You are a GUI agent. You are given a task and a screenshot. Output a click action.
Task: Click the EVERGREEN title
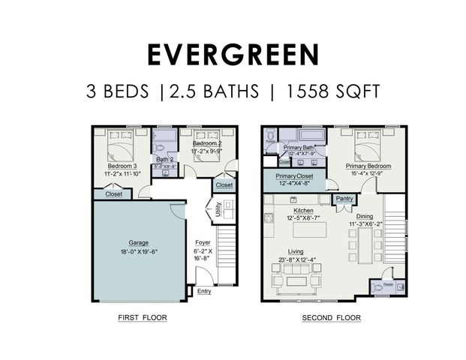coord(233,55)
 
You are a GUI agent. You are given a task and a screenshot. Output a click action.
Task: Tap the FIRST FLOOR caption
coord(142,318)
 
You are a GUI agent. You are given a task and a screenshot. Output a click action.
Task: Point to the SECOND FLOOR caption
coord(331,318)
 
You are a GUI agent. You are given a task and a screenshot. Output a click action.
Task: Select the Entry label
coord(204,292)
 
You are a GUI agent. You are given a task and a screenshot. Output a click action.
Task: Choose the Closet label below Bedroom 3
coord(113,193)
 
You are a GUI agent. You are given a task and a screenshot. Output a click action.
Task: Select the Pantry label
coord(344,199)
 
